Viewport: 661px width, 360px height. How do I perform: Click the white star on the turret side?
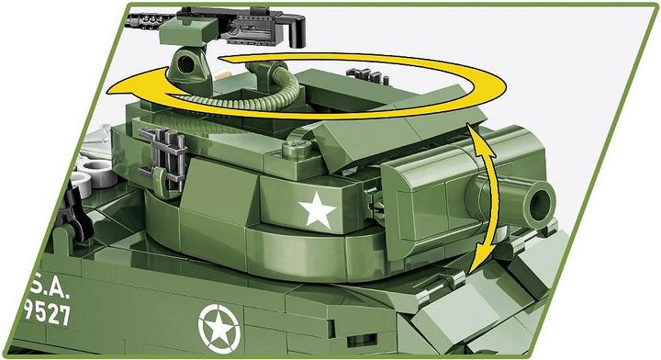coord(319,210)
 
